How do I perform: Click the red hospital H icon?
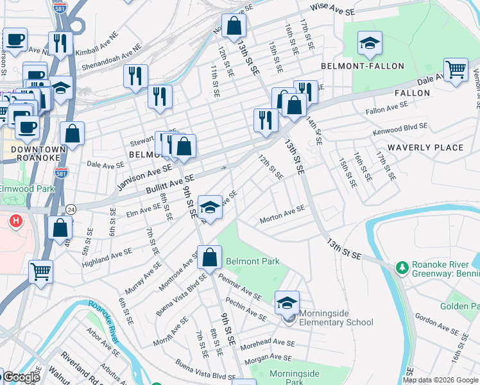click(16, 222)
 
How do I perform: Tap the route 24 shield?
click(71, 209)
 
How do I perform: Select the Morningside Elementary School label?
click(336, 318)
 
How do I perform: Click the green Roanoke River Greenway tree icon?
click(402, 266)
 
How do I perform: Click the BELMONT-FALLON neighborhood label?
click(363, 66)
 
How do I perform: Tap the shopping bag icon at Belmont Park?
click(210, 259)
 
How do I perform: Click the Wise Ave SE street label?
click(332, 9)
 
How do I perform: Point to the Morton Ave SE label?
click(282, 215)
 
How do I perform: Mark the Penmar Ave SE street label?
click(239, 288)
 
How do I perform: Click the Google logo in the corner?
click(21, 378)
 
